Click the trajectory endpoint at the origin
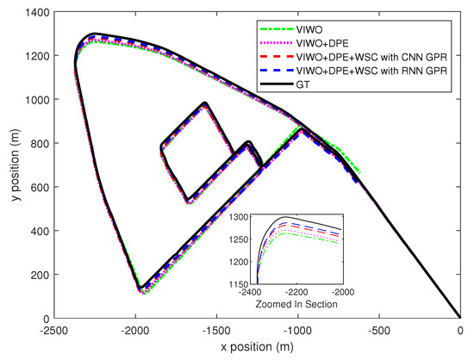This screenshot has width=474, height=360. point(458,318)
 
